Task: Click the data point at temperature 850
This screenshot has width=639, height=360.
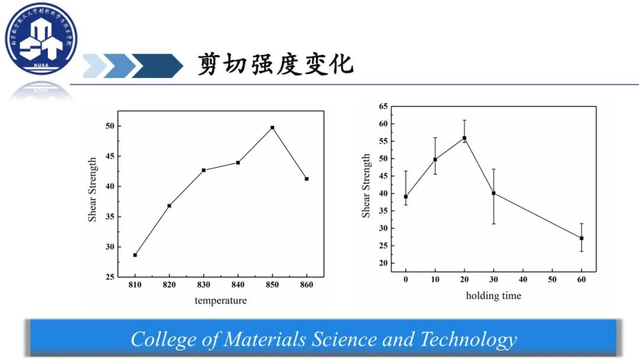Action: (x=272, y=127)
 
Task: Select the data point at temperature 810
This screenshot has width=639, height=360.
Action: (x=135, y=255)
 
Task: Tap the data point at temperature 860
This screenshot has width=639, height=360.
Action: (x=306, y=179)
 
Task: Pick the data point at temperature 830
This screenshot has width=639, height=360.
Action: (x=204, y=170)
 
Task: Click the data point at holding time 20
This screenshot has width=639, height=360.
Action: (x=464, y=138)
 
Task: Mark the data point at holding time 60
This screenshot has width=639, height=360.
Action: (x=582, y=238)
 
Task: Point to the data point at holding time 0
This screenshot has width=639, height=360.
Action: (x=406, y=197)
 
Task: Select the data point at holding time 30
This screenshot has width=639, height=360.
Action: (x=493, y=193)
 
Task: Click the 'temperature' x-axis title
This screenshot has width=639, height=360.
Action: (x=221, y=301)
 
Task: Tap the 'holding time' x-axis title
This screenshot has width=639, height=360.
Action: (x=493, y=295)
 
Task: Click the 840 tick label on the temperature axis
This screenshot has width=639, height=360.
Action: (x=238, y=285)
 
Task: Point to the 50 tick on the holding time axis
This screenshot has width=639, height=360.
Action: (x=552, y=279)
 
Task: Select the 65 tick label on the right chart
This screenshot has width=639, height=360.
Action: (x=383, y=107)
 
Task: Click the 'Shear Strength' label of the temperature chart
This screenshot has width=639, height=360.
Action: (x=92, y=189)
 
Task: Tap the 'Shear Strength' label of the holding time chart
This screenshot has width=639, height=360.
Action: (x=366, y=186)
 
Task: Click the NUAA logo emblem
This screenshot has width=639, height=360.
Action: (x=38, y=39)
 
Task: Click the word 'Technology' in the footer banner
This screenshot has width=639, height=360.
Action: (x=468, y=339)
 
